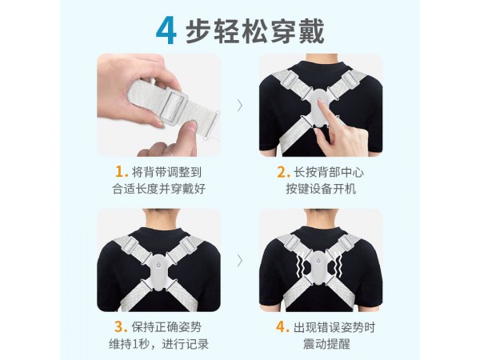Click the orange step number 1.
click(122, 171)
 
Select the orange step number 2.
click(282, 171)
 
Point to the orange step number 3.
click(120, 326)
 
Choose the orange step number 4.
click(282, 326)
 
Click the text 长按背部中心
click(326, 171)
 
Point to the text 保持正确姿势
click(163, 326)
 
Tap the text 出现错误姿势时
click(330, 326)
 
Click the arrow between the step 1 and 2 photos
click(240, 104)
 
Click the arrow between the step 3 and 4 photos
click(240, 260)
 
